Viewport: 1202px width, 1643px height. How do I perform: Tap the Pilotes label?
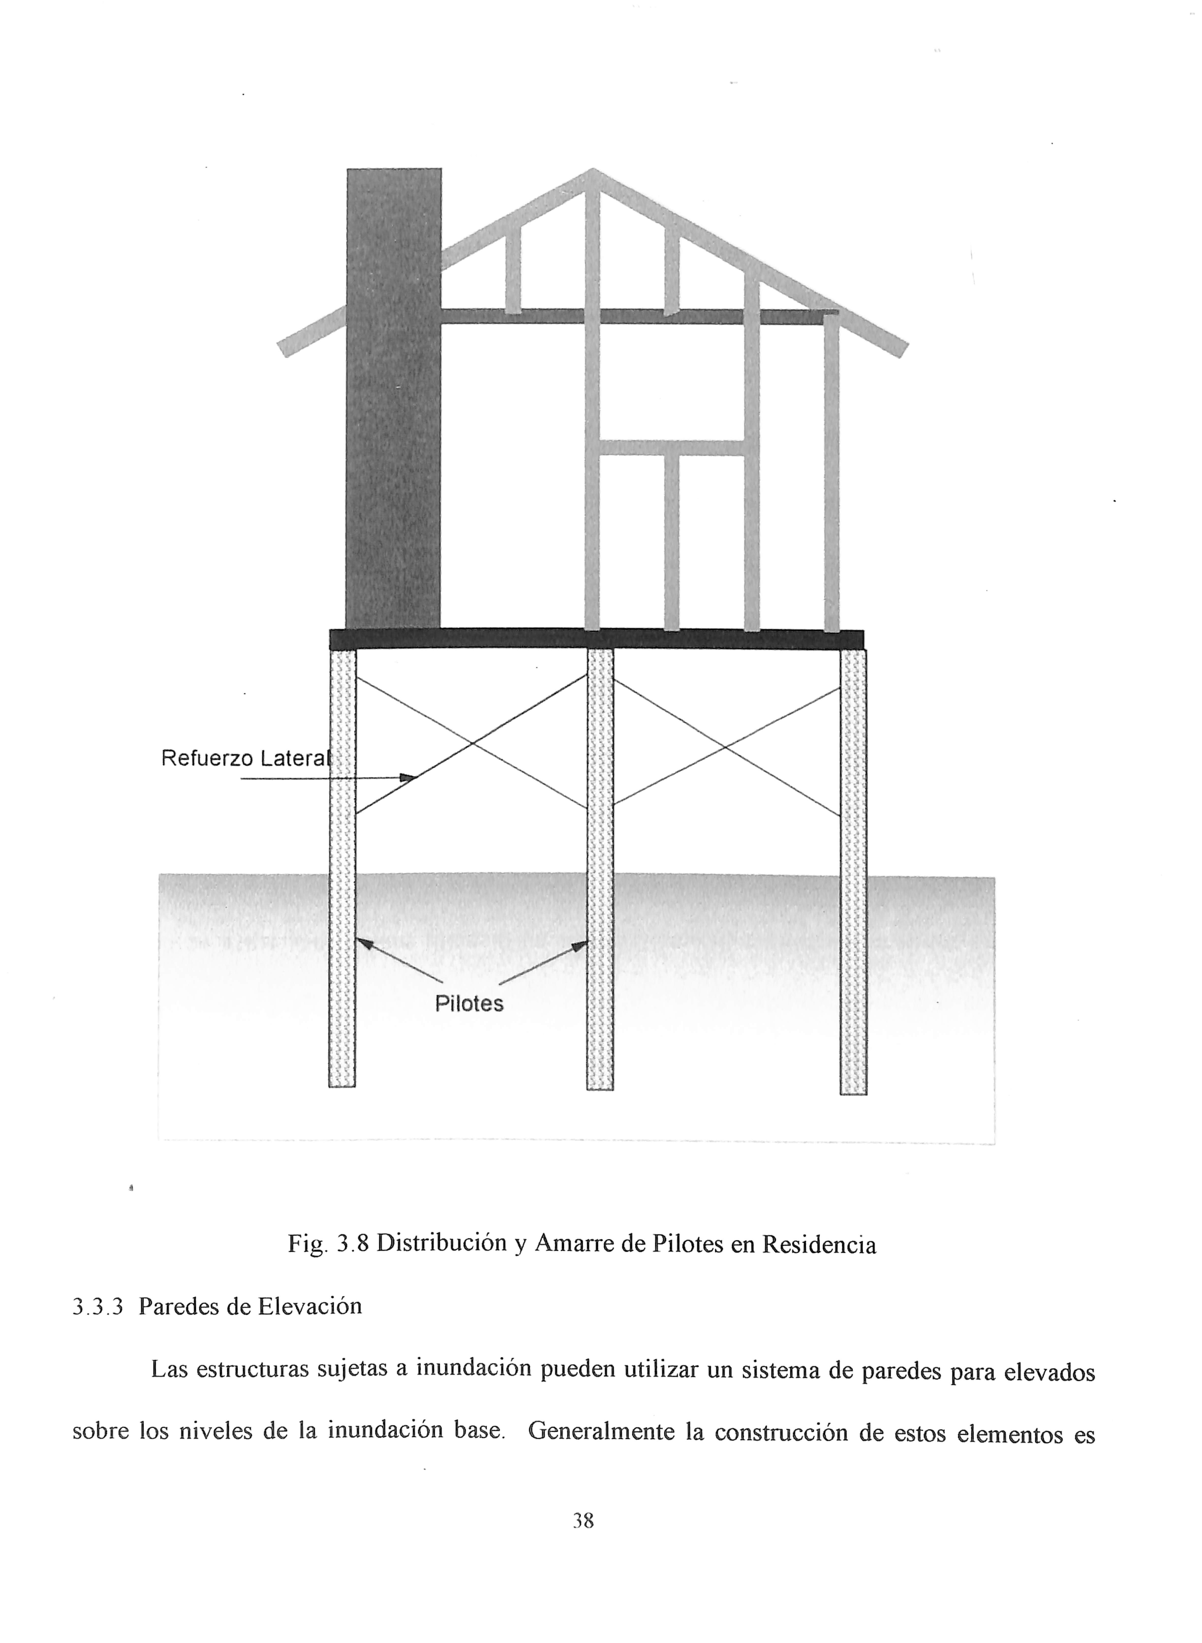point(469,1004)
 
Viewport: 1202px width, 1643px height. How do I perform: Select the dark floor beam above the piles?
point(597,639)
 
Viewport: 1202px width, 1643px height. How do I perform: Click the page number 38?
point(583,1521)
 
